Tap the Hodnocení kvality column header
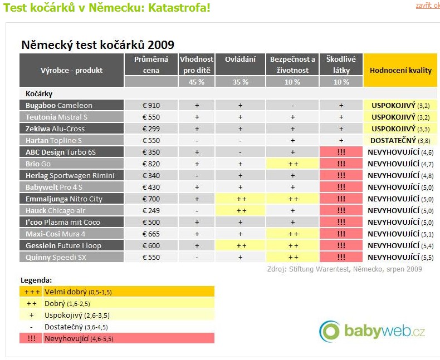click(400, 71)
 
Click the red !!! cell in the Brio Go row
click(341, 164)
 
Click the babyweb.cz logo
click(373, 332)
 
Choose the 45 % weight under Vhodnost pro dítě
click(197, 82)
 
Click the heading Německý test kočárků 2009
click(97, 45)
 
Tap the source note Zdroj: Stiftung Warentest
click(345, 269)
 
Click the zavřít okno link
click(427, 6)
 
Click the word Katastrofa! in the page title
click(179, 9)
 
